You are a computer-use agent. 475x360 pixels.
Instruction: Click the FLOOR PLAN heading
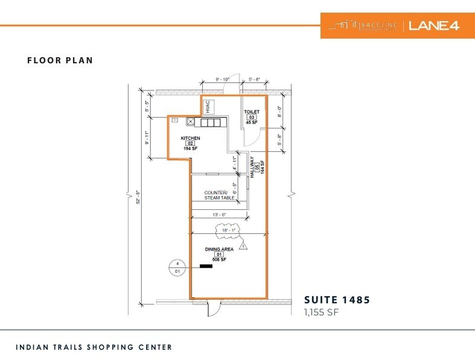point(60,60)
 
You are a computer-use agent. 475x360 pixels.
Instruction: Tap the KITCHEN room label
point(190,138)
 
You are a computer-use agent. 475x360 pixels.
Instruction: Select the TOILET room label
point(251,112)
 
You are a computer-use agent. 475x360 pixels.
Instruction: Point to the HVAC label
point(207,106)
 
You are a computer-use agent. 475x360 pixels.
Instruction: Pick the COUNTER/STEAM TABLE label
point(219,195)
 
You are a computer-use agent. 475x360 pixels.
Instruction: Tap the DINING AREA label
point(218,248)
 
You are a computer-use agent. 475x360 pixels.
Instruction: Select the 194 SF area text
point(191,148)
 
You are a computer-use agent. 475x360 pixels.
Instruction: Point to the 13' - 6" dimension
point(219,214)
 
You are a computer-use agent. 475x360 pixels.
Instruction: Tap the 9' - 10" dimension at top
point(223,78)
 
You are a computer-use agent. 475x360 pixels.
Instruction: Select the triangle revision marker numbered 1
point(243,246)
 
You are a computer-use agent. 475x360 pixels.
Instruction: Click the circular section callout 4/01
point(177,267)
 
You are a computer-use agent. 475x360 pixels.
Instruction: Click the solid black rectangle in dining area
point(206,266)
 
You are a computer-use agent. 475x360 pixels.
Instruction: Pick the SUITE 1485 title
point(337,300)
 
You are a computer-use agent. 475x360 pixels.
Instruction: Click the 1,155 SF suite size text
point(323,312)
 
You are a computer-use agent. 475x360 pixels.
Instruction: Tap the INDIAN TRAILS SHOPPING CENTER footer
point(94,347)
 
